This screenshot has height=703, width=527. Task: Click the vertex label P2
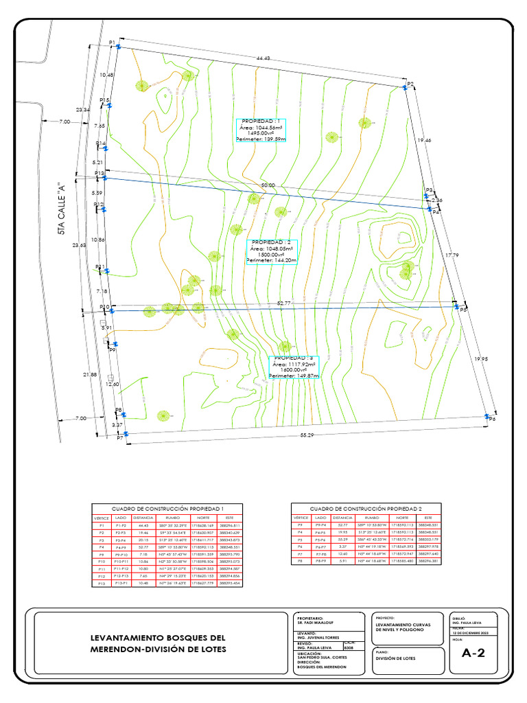coord(411,84)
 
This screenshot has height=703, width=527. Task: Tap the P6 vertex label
coord(491,419)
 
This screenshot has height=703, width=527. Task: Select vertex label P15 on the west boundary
coord(104,100)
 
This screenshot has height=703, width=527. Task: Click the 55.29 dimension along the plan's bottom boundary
coord(307,435)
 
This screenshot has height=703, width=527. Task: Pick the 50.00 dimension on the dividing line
coord(268,185)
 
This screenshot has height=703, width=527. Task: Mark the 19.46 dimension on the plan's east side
coord(424,140)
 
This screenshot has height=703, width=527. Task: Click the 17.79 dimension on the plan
coord(451,255)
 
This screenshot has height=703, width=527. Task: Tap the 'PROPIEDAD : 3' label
coord(294,358)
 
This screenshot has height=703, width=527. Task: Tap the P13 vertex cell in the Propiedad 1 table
coord(102,583)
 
